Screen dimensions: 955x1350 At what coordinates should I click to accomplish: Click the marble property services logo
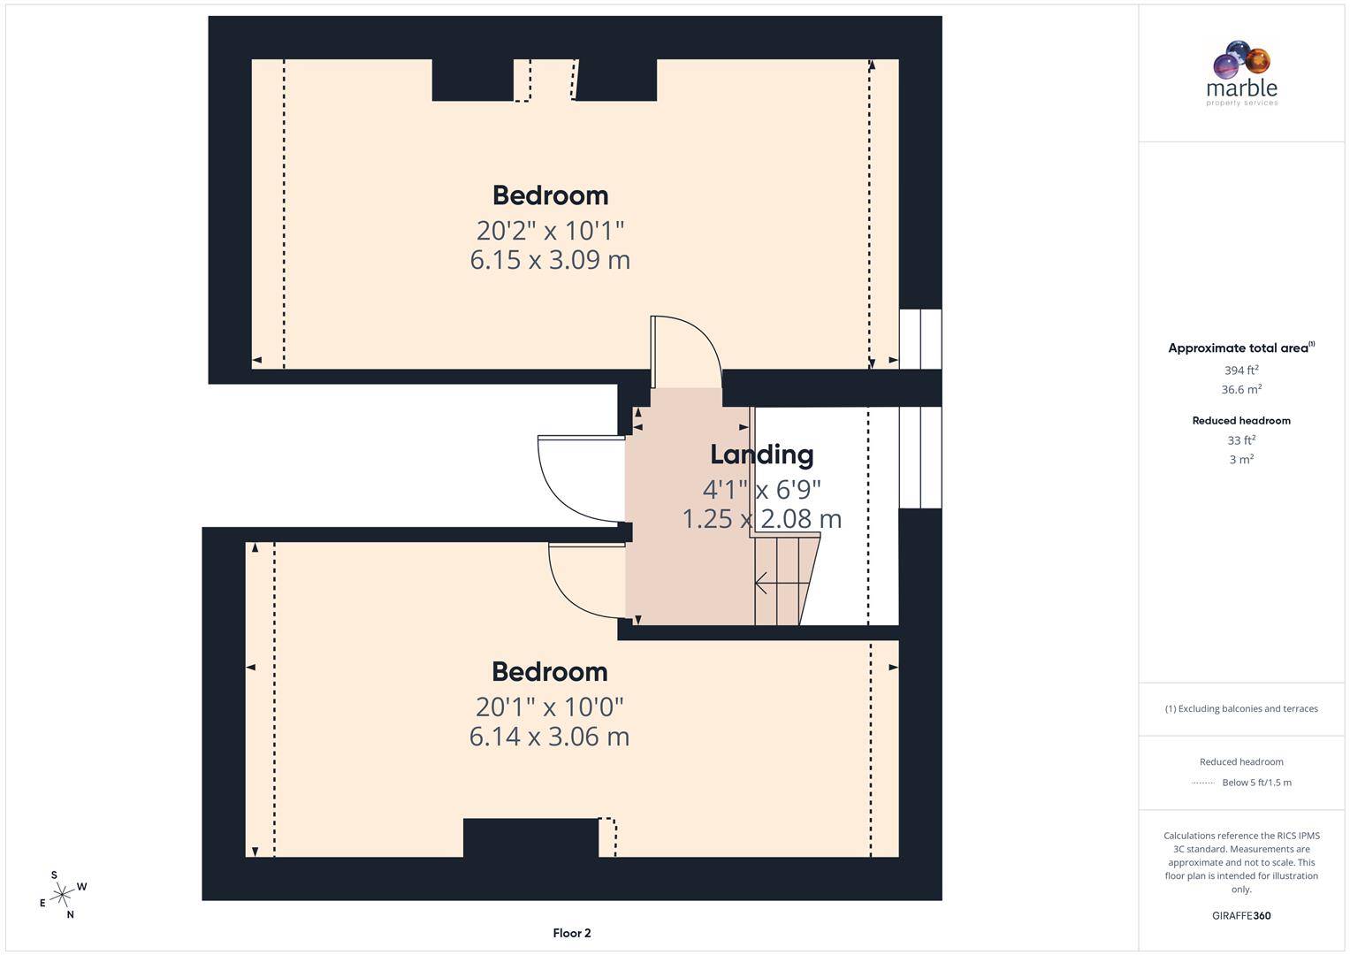[x=1241, y=74]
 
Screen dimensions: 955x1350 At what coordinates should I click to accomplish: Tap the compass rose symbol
[x=62, y=895]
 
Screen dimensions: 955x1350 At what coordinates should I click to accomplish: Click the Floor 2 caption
[x=571, y=933]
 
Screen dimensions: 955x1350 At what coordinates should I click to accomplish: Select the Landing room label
[x=761, y=455]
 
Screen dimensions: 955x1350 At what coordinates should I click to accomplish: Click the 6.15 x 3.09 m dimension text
[x=549, y=260]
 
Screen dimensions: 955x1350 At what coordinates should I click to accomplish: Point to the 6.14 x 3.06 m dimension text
[x=549, y=737]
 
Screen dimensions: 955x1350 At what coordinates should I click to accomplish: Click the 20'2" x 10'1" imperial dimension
[x=550, y=231]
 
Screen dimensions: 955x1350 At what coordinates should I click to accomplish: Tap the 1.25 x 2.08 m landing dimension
[x=761, y=519]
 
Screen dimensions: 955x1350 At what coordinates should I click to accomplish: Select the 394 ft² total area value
[x=1240, y=371]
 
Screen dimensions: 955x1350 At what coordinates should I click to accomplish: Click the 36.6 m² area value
[x=1240, y=390]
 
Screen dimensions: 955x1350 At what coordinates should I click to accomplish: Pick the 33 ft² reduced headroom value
[x=1240, y=440]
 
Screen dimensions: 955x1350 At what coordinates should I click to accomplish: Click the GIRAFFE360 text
[x=1240, y=916]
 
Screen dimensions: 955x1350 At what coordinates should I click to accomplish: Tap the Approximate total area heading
[x=1240, y=348]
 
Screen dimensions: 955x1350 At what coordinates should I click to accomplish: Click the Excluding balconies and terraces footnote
[x=1240, y=708]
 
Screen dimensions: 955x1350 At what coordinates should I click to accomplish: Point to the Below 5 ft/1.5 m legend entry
[x=1255, y=783]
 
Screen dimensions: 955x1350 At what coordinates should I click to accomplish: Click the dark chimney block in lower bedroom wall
[x=530, y=837]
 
